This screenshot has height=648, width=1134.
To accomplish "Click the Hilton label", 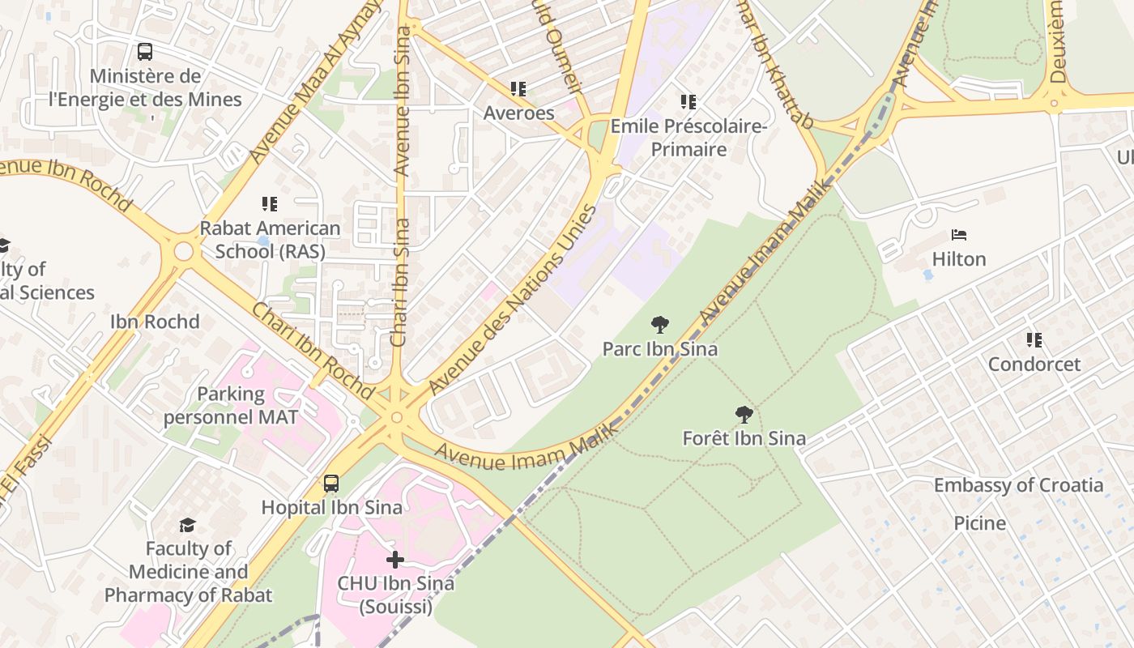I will click(959, 259).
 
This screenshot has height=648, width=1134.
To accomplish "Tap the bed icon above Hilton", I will click(959, 236).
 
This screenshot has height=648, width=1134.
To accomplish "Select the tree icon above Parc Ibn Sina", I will click(660, 325).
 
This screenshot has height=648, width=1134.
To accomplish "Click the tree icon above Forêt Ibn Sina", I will click(744, 415).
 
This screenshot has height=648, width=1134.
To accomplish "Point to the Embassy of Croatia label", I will click(1018, 485).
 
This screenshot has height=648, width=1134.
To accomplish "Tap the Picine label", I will click(979, 523).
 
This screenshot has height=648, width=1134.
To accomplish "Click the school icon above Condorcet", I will click(1034, 340).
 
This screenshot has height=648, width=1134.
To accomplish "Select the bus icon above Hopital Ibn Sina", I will click(331, 484).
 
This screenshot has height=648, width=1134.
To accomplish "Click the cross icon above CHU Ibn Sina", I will click(395, 560).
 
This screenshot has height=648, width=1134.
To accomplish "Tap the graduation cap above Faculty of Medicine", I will click(188, 525).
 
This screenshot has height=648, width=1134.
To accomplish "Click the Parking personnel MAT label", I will click(231, 406).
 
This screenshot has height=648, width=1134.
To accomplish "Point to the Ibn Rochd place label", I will click(155, 322).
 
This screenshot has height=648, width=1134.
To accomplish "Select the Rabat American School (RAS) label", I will click(270, 240).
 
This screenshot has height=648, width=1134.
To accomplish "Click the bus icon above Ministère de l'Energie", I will click(145, 52).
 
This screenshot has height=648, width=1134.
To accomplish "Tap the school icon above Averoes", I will click(518, 88).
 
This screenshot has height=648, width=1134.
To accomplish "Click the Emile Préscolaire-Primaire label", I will click(688, 138).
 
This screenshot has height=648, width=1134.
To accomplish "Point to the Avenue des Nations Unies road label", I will click(512, 300).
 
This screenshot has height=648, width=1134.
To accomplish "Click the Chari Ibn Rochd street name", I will click(313, 350).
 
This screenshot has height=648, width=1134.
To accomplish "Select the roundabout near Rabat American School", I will click(184, 251).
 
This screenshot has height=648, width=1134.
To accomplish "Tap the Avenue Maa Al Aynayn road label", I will click(316, 81).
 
